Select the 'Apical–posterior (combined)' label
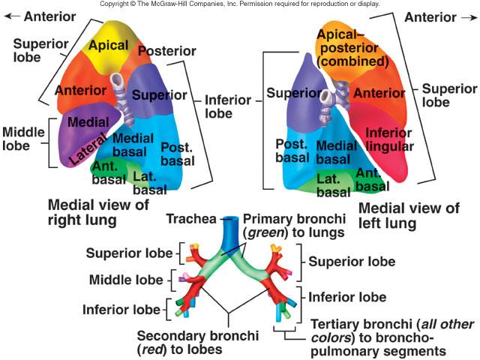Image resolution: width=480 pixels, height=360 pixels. [x=352, y=48]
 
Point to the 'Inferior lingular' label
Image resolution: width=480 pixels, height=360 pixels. [x=389, y=139]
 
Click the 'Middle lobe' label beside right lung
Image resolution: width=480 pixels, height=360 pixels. [x=23, y=139]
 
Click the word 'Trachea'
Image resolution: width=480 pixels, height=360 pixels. [x=191, y=219]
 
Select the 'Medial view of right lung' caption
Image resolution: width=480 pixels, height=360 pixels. [x=98, y=212]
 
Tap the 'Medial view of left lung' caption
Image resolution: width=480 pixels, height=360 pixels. [x=409, y=215]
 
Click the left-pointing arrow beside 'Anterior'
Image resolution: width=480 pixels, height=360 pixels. [x=12, y=16]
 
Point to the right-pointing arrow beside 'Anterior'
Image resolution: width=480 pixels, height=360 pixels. [x=469, y=18]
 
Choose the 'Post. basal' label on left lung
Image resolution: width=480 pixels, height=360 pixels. [x=292, y=151]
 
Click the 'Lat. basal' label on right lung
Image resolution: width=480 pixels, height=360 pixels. [x=150, y=183]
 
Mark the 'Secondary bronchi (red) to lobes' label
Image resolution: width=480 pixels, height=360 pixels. [x=198, y=342]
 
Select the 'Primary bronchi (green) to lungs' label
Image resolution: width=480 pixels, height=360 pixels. [x=294, y=226]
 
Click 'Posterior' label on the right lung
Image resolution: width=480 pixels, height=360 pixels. [x=167, y=51]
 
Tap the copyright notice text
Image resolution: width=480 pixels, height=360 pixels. [x=240, y=4]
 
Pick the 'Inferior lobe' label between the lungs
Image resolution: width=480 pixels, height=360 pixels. [x=228, y=106]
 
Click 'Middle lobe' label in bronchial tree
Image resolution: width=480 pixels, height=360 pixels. [x=126, y=280]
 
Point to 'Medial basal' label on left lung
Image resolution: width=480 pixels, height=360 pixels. [x=336, y=152]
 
